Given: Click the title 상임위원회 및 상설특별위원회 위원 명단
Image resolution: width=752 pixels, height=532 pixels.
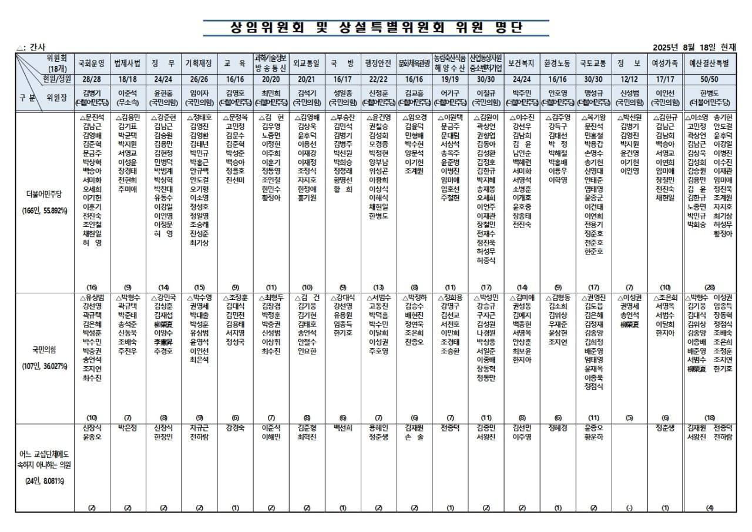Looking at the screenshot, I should point(376,28).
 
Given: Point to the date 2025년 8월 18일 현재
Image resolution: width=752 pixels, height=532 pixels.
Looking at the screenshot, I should point(698,47).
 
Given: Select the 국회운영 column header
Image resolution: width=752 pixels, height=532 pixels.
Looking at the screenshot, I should point(92,63).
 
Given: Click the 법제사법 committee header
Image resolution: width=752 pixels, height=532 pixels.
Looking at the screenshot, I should point(127,63).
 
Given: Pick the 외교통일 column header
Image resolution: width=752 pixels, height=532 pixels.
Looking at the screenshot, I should point(307,63).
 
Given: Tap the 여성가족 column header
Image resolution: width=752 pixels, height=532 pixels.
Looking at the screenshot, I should point(666,63).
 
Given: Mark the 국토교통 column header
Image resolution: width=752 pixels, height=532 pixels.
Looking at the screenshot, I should point(593,63).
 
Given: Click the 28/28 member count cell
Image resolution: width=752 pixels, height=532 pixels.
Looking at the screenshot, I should point(92,79).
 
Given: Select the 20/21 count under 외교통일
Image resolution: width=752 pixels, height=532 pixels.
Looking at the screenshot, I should point(307,79).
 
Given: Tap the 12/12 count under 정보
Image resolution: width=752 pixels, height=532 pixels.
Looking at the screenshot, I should point(629,79).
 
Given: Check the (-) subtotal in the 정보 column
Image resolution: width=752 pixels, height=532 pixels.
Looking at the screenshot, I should point(629,508).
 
